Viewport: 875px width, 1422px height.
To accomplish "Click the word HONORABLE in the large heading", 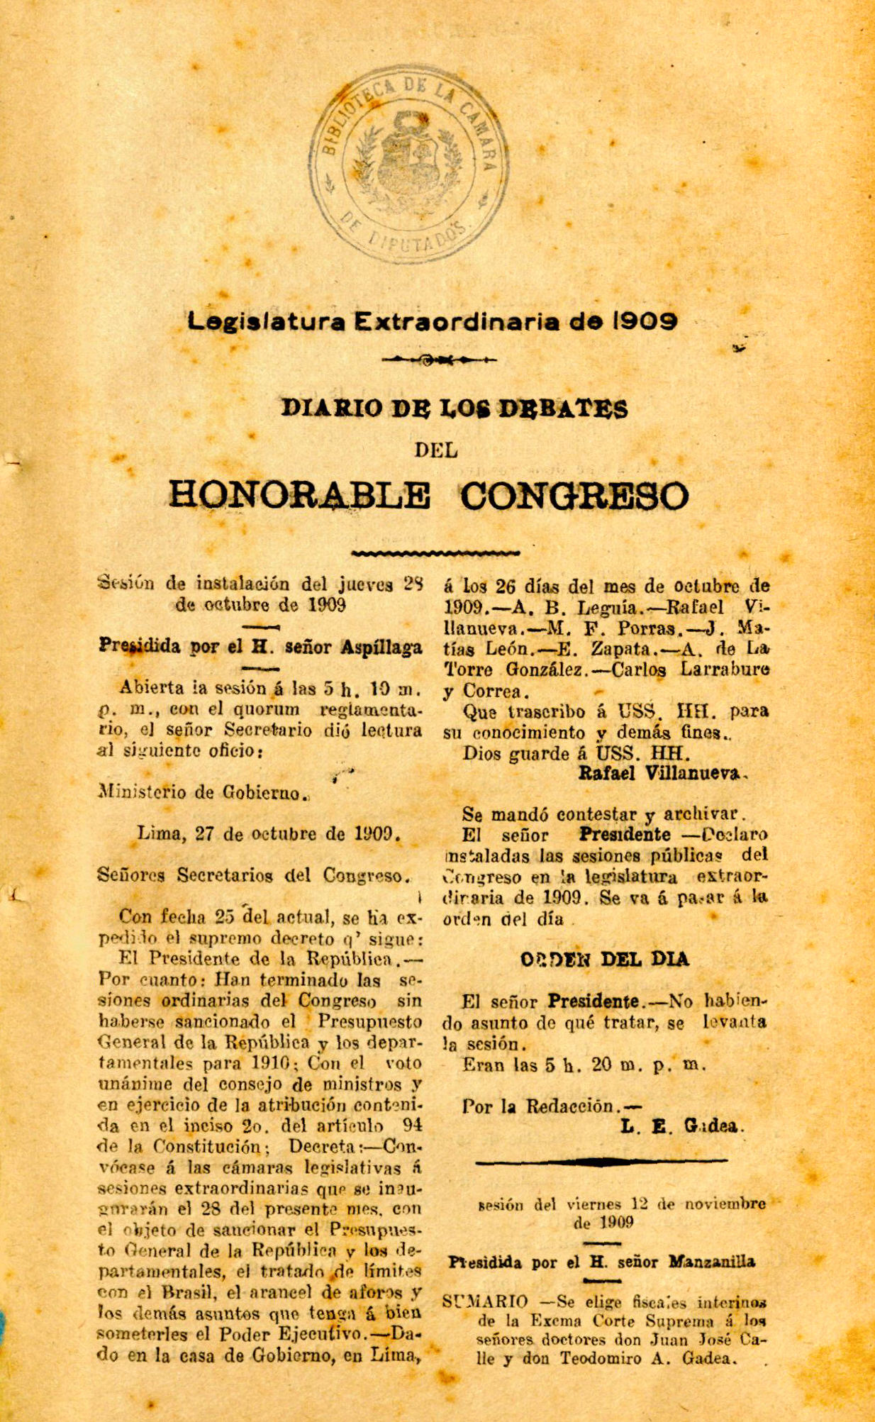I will coord(299,496).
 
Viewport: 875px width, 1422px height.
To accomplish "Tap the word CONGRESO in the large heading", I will coord(574,496).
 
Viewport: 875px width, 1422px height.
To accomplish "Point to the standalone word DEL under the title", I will coord(436,450).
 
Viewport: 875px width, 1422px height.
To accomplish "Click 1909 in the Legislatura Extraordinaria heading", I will coord(645,321).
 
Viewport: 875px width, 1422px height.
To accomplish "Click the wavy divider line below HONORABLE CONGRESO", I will coord(436,552).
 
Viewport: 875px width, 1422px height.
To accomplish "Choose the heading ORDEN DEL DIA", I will coord(604,960).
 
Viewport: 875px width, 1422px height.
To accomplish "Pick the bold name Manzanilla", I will coord(711,1262).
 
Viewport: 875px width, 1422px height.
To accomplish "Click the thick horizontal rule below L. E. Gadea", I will coord(601,1162).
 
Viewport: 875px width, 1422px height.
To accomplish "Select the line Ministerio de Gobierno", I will coord(203,793).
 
